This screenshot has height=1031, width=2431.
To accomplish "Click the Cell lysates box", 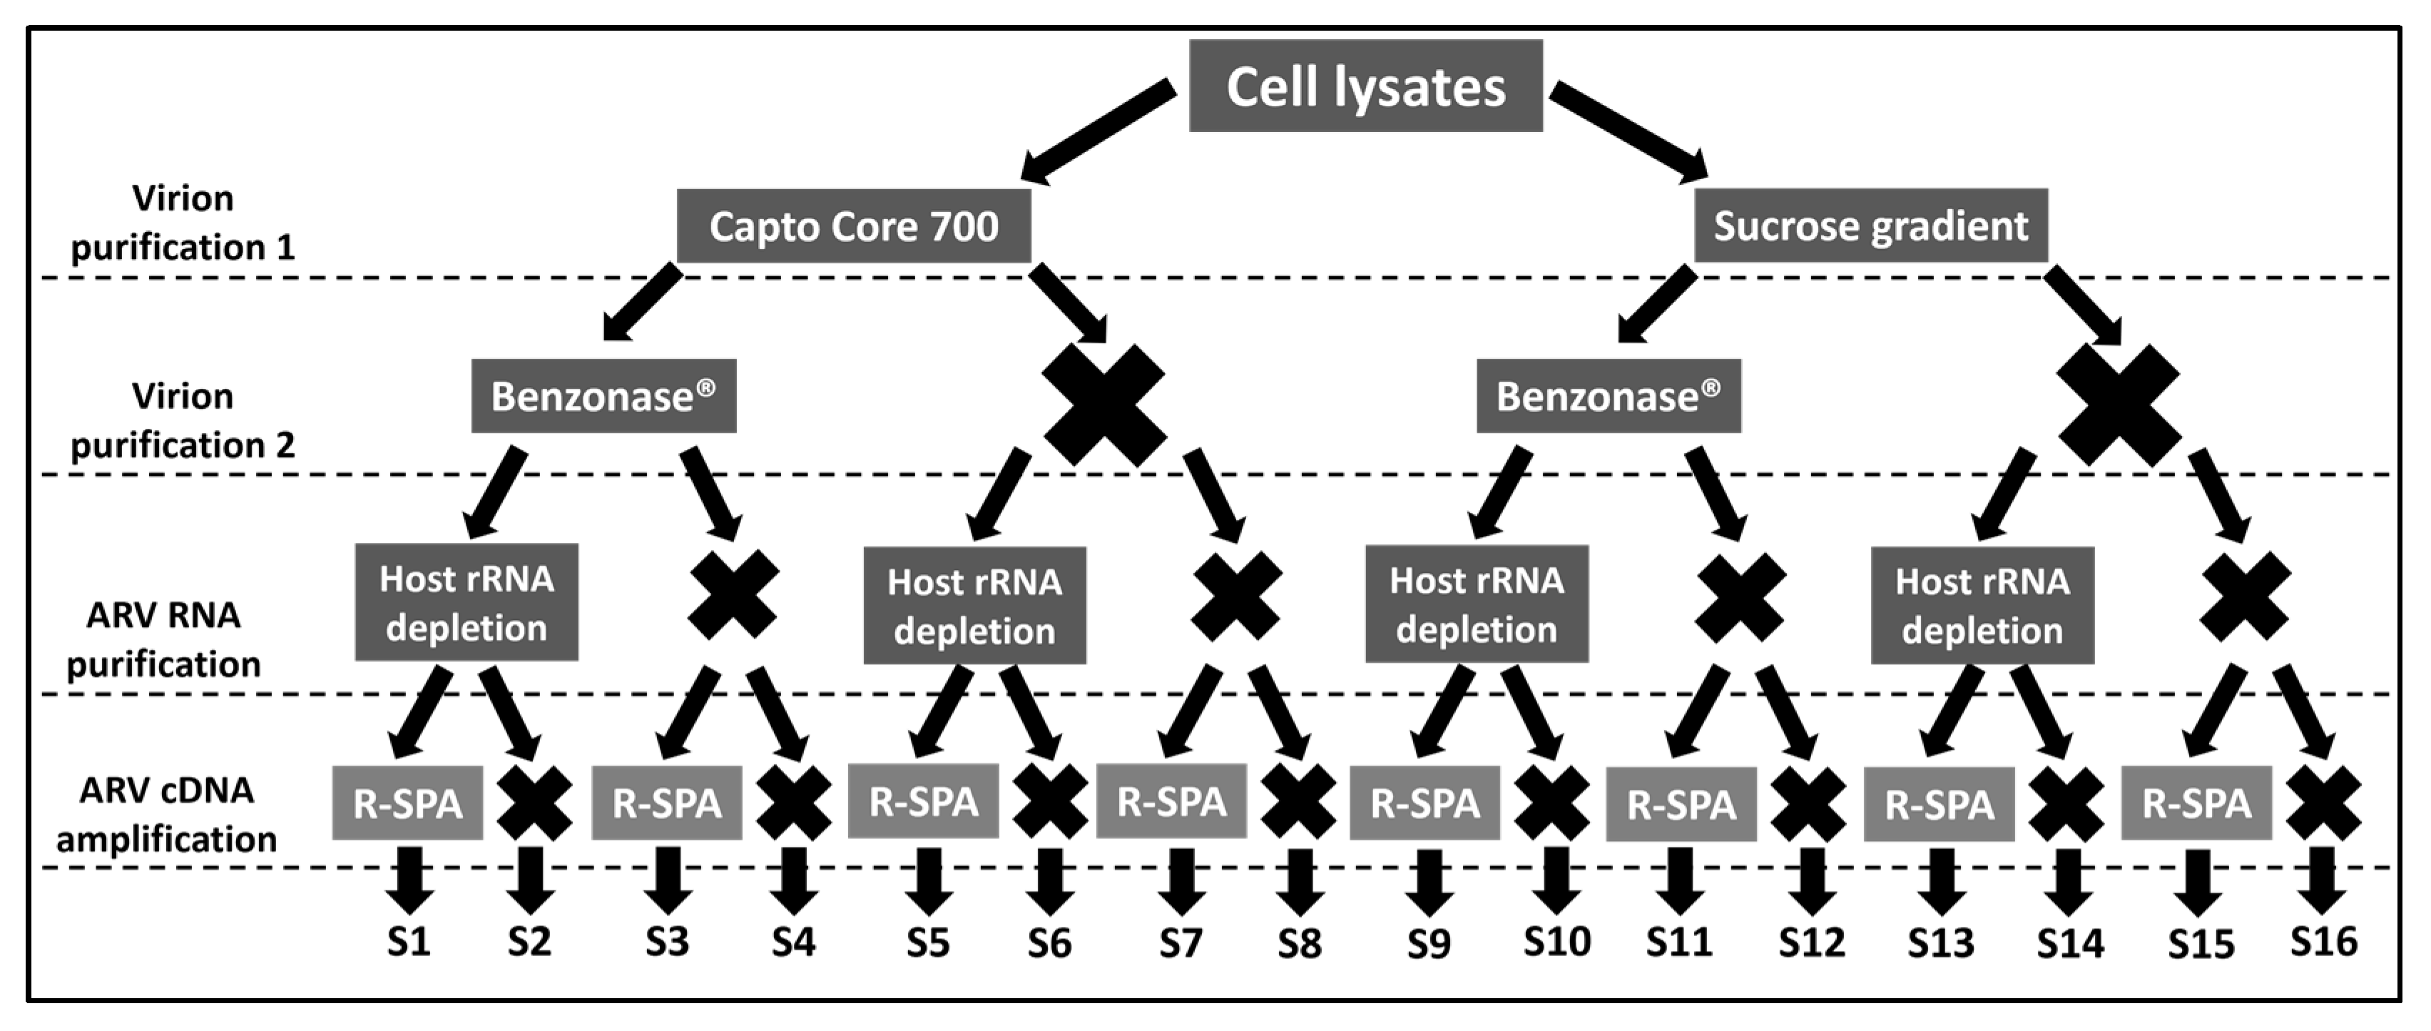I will [x=1365, y=86].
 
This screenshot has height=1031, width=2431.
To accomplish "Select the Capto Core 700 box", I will [x=853, y=227].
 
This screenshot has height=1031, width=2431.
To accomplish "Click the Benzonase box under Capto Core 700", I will [x=603, y=397].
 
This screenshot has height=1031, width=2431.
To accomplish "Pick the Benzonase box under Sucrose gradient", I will [x=1608, y=397].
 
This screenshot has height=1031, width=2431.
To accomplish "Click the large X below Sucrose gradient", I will [x=2118, y=404].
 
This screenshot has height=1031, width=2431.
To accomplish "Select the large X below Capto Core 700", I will [x=1104, y=404].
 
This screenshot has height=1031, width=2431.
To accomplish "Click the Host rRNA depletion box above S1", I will [x=467, y=602].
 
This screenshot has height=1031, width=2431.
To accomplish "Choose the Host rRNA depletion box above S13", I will [x=1982, y=605].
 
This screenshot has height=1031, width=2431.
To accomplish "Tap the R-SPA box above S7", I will [x=1171, y=801].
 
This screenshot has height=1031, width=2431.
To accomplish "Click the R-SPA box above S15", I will [x=2196, y=803].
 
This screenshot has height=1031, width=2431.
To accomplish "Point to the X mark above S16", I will [x=2323, y=803].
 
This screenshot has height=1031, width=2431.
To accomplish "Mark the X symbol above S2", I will [x=534, y=803].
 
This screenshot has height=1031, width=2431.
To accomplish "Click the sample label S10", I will [x=1556, y=941].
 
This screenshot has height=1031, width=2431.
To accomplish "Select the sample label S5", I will [x=927, y=943].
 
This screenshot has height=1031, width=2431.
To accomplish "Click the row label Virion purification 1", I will [x=183, y=223].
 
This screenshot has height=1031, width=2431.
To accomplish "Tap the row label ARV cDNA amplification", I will [x=166, y=814].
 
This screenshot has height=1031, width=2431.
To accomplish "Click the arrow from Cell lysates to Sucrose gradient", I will [x=1628, y=131].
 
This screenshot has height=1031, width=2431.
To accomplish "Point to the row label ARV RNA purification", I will [x=163, y=639].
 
